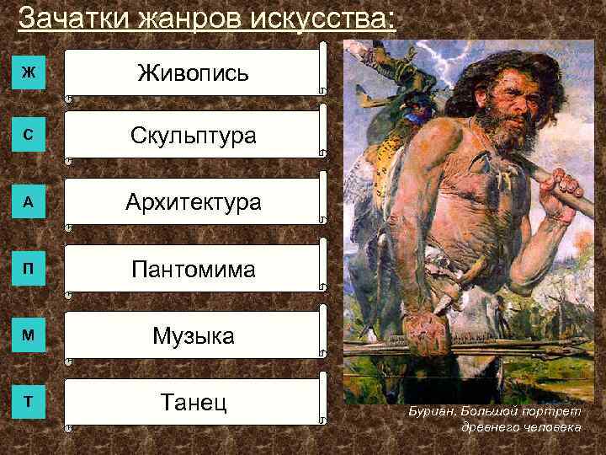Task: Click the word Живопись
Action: coord(193,72)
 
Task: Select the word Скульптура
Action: coord(193,136)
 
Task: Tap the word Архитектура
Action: coord(193,202)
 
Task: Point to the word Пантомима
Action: coord(193,270)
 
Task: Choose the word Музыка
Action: coord(193,337)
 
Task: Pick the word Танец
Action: coord(193,402)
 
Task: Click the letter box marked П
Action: coord(29,270)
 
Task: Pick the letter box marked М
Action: coord(29,335)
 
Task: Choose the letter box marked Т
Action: coord(29,401)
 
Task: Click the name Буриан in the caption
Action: coord(430,412)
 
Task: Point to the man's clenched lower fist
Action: coord(425,324)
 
